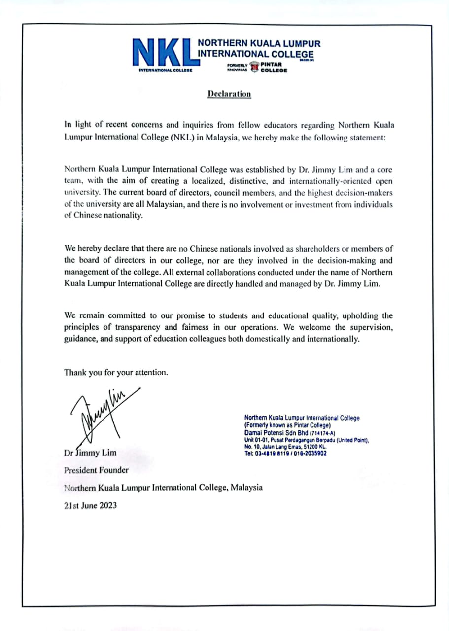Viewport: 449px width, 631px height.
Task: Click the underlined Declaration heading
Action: click(x=229, y=94)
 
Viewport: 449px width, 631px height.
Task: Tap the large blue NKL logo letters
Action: click(x=164, y=53)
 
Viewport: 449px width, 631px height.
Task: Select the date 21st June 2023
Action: click(x=91, y=505)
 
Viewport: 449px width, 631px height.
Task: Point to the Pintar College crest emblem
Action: click(x=254, y=67)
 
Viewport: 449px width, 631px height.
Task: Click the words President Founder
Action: click(x=96, y=470)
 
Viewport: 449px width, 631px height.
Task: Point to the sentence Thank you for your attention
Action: click(x=116, y=372)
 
